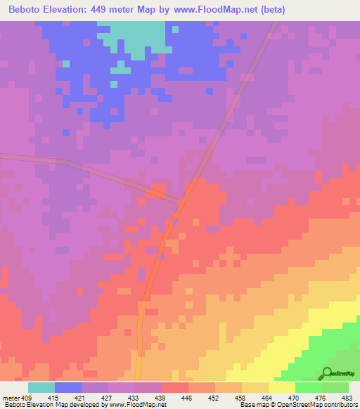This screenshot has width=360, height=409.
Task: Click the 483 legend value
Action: pyautogui.click(x=347, y=398)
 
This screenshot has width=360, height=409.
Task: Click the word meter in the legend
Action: pyautogui.click(x=11, y=398)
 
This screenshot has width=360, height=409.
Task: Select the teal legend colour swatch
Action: pyautogui.click(x=41, y=387)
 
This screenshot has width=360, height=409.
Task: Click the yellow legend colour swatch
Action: pyautogui.click(x=282, y=387)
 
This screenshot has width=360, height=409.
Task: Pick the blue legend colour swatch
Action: pyautogui.click(x=68, y=387)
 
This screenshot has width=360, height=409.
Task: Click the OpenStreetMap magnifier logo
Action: pyautogui.click(x=328, y=373)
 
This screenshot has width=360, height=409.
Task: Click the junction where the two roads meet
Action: pyautogui.click(x=180, y=204)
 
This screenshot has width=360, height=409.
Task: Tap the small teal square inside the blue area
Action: pyautogui.click(x=66, y=63)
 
